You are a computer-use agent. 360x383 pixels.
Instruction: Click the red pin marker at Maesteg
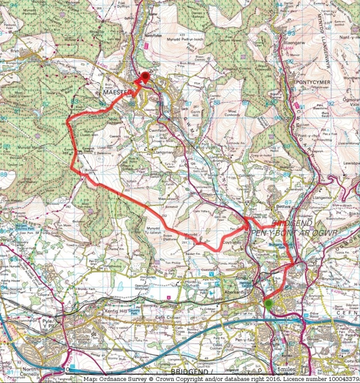[x=145, y=76]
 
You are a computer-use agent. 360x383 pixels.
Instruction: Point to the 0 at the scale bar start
[x=68, y=370]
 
